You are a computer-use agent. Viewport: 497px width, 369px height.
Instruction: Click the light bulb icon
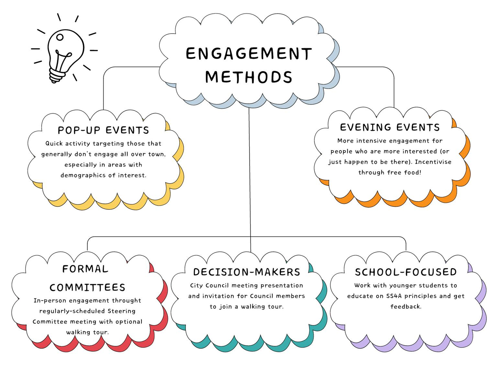point(65,53)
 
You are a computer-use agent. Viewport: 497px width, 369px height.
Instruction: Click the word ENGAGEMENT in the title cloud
point(248,54)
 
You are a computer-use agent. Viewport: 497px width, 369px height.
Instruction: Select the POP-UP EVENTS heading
point(103,130)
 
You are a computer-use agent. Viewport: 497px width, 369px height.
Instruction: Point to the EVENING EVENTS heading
point(390,128)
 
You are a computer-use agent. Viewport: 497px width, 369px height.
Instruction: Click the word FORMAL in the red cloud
point(85,269)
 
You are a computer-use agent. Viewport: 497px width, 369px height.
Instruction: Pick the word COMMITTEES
point(87,288)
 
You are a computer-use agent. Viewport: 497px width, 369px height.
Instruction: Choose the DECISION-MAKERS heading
point(247,272)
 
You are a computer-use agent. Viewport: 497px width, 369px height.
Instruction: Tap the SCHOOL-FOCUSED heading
point(406,272)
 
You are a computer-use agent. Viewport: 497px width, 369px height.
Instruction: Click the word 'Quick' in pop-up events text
point(54,144)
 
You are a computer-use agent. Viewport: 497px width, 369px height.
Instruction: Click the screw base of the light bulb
point(57,76)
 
